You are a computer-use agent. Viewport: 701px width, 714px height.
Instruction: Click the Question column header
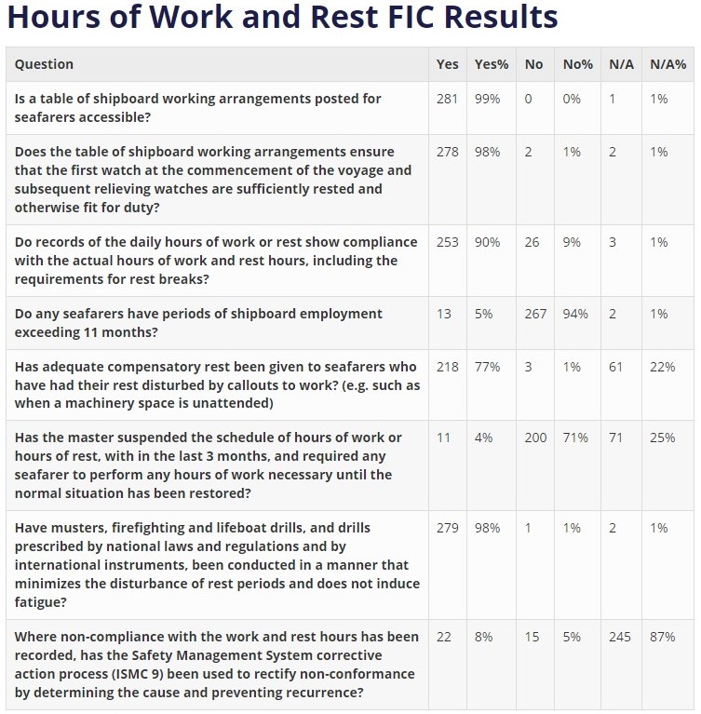tap(44, 64)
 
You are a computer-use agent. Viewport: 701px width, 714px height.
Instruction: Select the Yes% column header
tap(492, 64)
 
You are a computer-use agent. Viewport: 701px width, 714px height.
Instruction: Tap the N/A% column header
tap(667, 64)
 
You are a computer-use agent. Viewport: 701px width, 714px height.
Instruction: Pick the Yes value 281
tap(448, 99)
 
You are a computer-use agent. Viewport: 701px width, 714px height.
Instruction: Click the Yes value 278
tap(448, 152)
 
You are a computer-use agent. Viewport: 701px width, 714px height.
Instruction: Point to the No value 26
tap(532, 242)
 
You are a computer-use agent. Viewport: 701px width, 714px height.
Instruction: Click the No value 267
tap(535, 314)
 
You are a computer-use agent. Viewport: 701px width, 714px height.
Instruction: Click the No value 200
tap(535, 438)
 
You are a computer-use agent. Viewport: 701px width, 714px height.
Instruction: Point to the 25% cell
tap(663, 438)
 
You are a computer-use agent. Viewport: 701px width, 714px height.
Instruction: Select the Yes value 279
tap(448, 528)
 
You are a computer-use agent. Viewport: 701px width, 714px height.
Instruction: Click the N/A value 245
tap(620, 637)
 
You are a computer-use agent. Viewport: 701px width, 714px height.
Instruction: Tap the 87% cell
tap(663, 637)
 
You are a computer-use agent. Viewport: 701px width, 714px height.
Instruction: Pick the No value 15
tap(532, 637)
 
